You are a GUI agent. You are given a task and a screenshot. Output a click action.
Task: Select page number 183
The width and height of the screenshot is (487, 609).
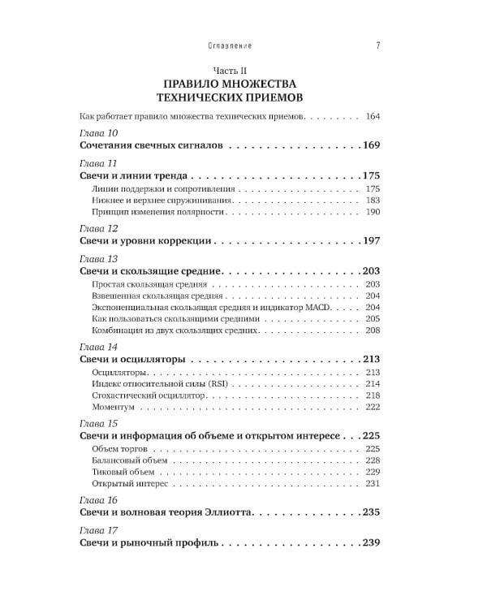point(373,200)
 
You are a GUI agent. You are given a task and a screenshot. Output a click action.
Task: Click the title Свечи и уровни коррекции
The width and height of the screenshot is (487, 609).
point(147,241)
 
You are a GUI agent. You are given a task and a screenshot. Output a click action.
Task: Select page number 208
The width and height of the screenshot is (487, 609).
point(373,330)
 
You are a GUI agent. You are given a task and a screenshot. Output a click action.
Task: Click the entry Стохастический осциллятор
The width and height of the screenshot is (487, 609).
point(150,395)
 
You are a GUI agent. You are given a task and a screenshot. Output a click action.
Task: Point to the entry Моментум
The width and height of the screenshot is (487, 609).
point(114,406)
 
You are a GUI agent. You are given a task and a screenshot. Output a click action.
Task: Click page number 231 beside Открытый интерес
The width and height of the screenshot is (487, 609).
point(373,483)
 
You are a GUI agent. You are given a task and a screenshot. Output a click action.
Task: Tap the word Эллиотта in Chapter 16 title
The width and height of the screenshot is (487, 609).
point(229,513)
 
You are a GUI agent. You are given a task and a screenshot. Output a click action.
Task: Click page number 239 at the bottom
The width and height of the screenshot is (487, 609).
point(371,542)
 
